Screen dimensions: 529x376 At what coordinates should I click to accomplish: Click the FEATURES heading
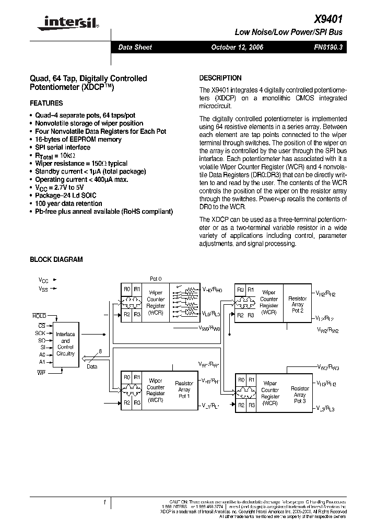click(46, 103)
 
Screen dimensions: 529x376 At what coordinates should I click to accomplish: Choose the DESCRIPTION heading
click(220, 78)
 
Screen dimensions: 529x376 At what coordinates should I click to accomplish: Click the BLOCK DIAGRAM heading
click(56, 259)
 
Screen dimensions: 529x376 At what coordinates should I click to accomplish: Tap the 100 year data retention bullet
click(68, 203)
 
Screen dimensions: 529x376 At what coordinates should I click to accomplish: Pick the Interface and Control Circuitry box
click(65, 343)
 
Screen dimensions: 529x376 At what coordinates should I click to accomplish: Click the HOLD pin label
click(39, 316)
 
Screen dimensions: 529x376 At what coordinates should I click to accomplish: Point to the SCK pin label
click(40, 332)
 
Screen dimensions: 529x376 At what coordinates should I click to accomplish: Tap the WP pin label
click(41, 372)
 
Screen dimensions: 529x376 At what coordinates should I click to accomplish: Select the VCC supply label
click(43, 280)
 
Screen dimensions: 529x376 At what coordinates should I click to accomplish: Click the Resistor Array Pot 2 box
click(298, 304)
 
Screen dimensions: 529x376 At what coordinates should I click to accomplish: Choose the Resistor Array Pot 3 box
click(300, 395)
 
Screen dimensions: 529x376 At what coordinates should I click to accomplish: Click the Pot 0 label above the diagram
click(156, 279)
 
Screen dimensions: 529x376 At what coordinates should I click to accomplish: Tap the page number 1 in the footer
click(105, 503)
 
